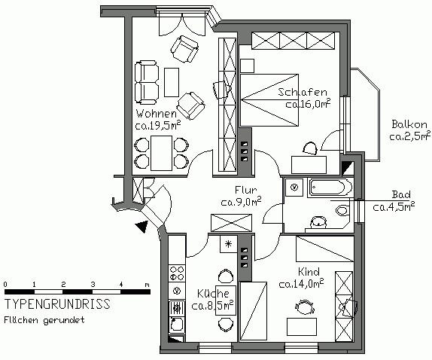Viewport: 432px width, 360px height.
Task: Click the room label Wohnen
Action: click(x=156, y=114)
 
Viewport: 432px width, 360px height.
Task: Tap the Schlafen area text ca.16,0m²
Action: click(x=308, y=105)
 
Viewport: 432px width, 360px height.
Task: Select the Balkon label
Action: click(x=409, y=124)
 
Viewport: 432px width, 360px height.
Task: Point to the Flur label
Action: click(x=245, y=190)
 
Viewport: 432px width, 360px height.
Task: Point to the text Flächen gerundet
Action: click(x=44, y=320)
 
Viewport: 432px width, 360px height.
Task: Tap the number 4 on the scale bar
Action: click(x=120, y=284)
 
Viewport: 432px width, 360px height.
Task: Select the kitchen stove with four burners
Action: click(x=176, y=270)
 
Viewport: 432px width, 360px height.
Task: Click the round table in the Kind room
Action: click(x=305, y=307)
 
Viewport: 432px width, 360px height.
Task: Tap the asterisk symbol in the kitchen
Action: click(x=228, y=244)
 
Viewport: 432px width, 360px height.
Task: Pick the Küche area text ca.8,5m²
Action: click(x=212, y=306)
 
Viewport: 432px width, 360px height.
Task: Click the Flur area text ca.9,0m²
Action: click(x=241, y=202)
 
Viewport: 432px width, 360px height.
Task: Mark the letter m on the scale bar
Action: click(x=147, y=284)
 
